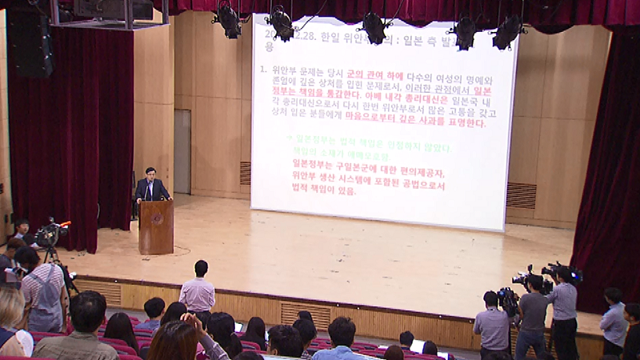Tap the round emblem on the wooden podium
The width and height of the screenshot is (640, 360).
pyautogui.click(x=157, y=218)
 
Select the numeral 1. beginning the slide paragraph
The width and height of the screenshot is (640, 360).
pyautogui.click(x=262, y=70)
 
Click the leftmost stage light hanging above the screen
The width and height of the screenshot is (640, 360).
pyautogui.click(x=228, y=21)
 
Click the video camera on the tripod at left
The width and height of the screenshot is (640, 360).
pyautogui.click(x=50, y=233)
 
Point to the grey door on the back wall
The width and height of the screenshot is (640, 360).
pyautogui.click(x=182, y=152)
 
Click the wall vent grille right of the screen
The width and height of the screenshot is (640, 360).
pyautogui.click(x=521, y=195)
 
